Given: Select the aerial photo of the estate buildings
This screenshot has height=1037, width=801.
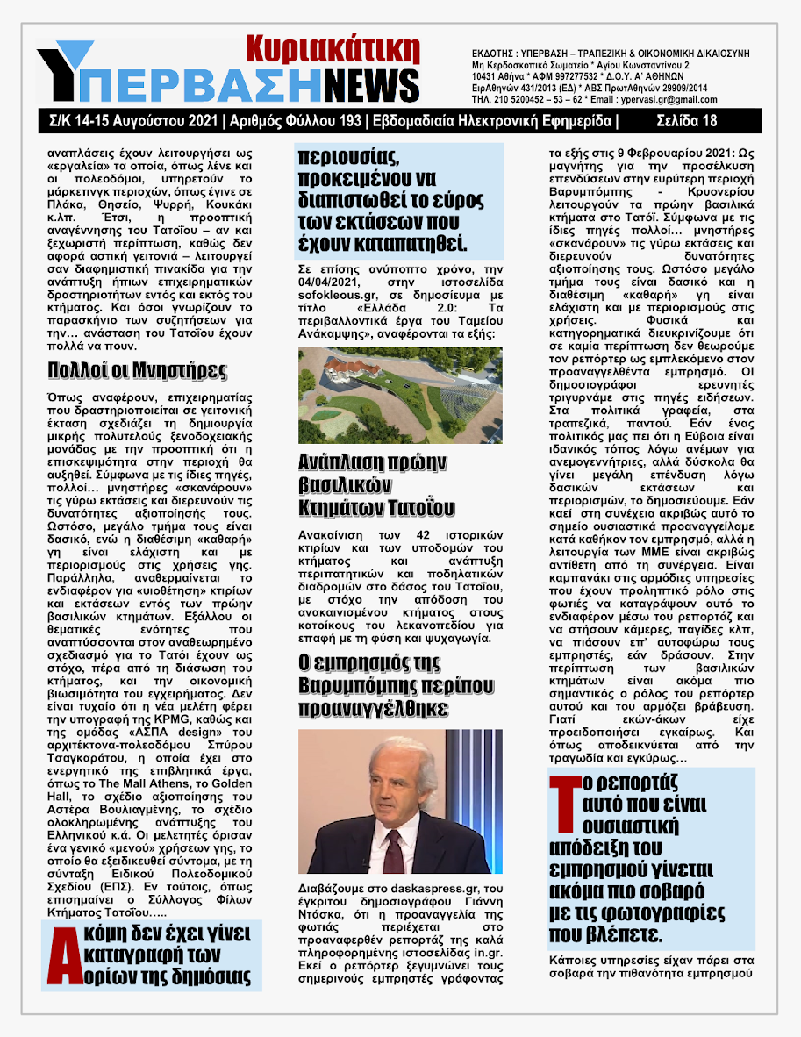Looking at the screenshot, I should (400, 395).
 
